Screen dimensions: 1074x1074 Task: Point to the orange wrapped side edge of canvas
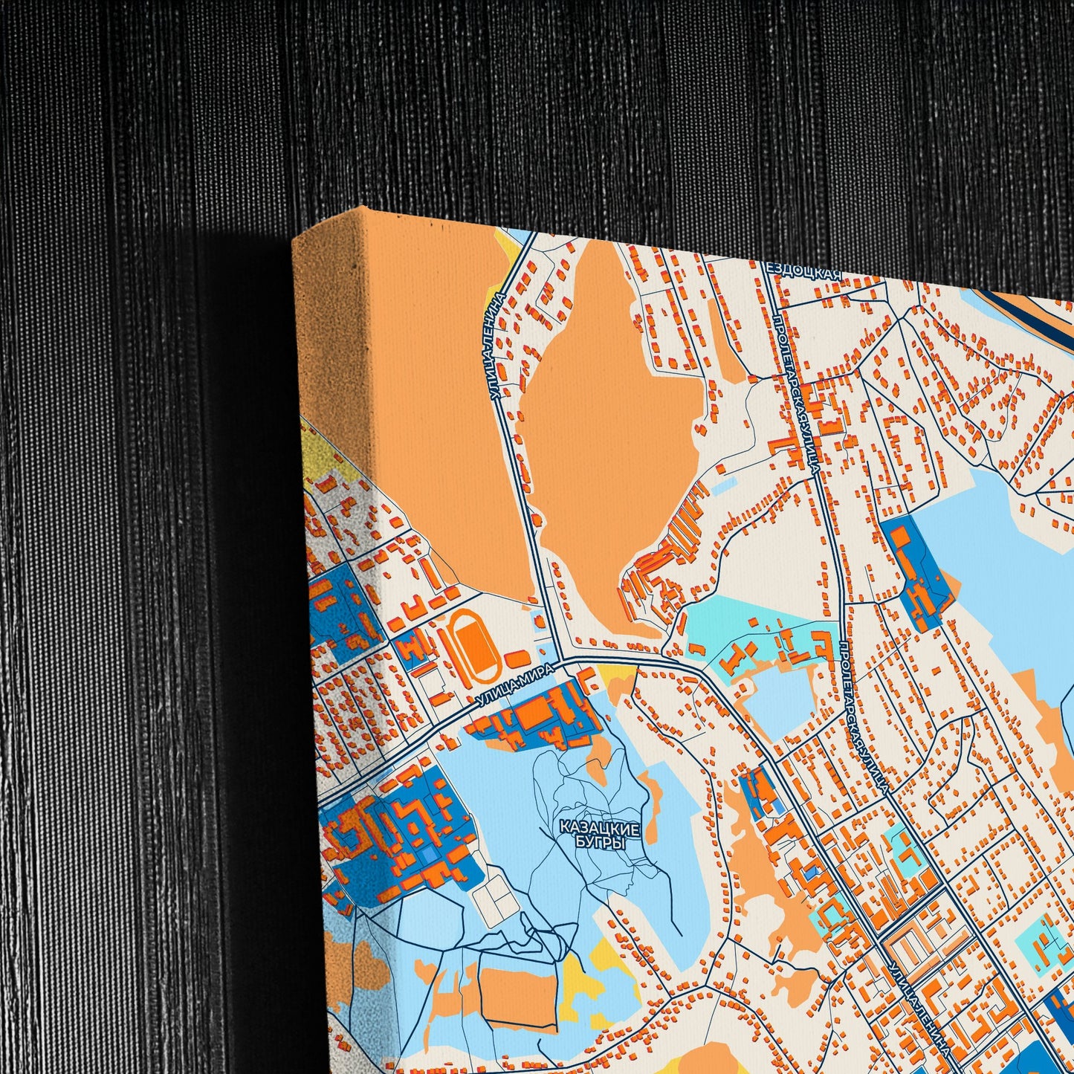331,334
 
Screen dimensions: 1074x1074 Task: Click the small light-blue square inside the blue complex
430,855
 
